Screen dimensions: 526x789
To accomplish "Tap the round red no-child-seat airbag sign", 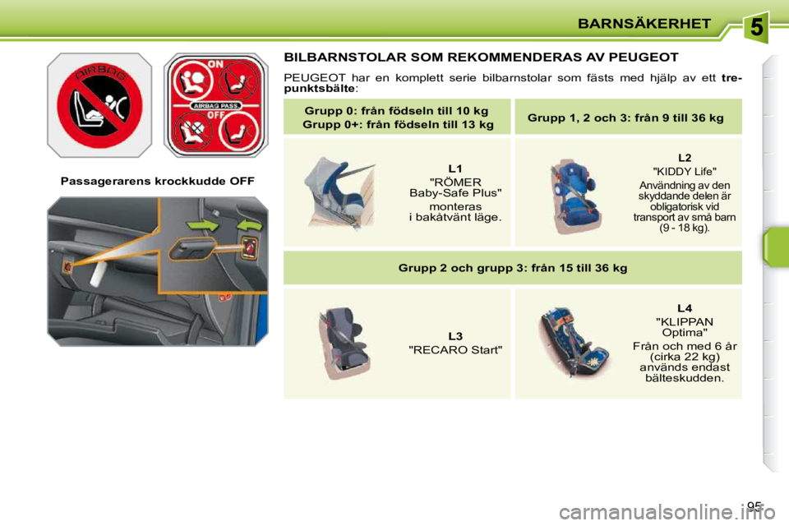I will click(x=99, y=105).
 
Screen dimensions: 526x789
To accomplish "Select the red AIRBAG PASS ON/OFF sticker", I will click(x=216, y=105).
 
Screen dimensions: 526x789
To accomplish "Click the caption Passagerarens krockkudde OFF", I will click(x=157, y=181).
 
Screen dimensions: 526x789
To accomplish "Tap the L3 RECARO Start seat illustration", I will click(x=348, y=343).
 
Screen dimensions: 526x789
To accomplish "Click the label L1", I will click(x=455, y=168).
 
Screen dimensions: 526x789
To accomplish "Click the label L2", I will click(x=685, y=157).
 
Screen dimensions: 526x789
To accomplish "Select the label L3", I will click(x=455, y=337).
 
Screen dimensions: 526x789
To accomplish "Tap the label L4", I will click(x=685, y=308).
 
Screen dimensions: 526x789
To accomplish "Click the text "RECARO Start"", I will click(x=455, y=351).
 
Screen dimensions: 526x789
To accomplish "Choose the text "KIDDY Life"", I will click(x=685, y=171).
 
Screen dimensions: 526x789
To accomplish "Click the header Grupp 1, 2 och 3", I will click(x=625, y=118).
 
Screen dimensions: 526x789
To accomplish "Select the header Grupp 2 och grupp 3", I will click(x=512, y=268).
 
